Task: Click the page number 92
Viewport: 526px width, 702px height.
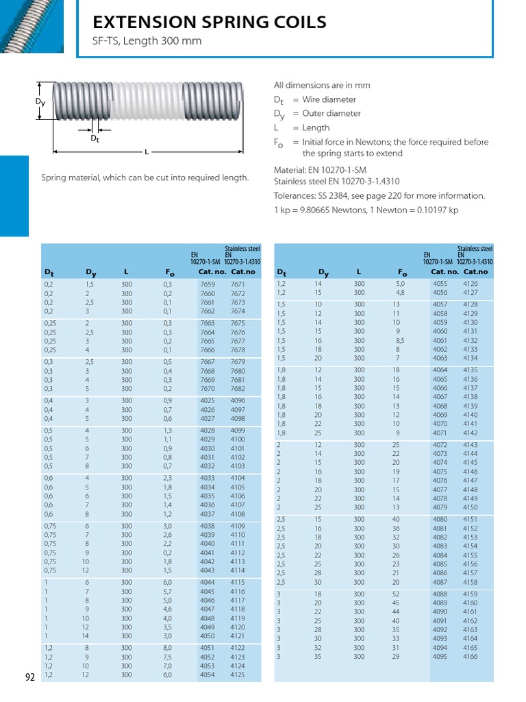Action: [30, 677]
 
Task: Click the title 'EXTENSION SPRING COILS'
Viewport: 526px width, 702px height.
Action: [210, 23]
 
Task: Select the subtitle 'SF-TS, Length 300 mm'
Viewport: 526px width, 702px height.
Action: [147, 41]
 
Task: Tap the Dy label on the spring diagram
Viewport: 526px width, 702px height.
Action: [40, 101]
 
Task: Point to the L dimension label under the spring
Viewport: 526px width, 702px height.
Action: [147, 151]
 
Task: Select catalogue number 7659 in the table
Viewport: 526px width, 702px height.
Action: [207, 284]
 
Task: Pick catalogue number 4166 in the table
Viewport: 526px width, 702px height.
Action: [470, 656]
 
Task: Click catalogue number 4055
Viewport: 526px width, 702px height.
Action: [440, 283]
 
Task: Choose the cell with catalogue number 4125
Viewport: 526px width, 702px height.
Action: [238, 675]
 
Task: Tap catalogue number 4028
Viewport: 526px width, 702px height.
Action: [207, 431]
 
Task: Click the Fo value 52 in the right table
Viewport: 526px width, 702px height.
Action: [396, 594]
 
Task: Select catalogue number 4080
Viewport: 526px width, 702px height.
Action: [440, 519]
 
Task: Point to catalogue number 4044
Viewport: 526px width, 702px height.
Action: [207, 582]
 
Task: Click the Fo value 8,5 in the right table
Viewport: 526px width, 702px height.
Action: [400, 340]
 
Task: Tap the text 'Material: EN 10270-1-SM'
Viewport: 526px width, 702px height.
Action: [320, 169]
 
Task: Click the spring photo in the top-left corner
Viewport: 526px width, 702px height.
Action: [32, 27]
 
